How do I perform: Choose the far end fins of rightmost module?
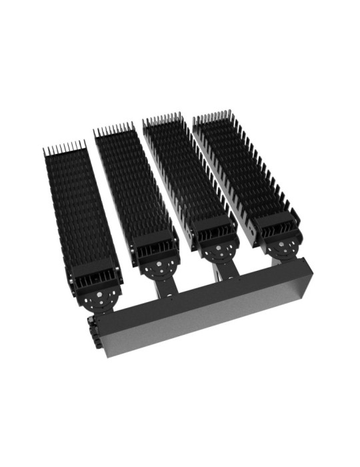213,119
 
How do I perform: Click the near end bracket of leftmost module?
97,280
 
